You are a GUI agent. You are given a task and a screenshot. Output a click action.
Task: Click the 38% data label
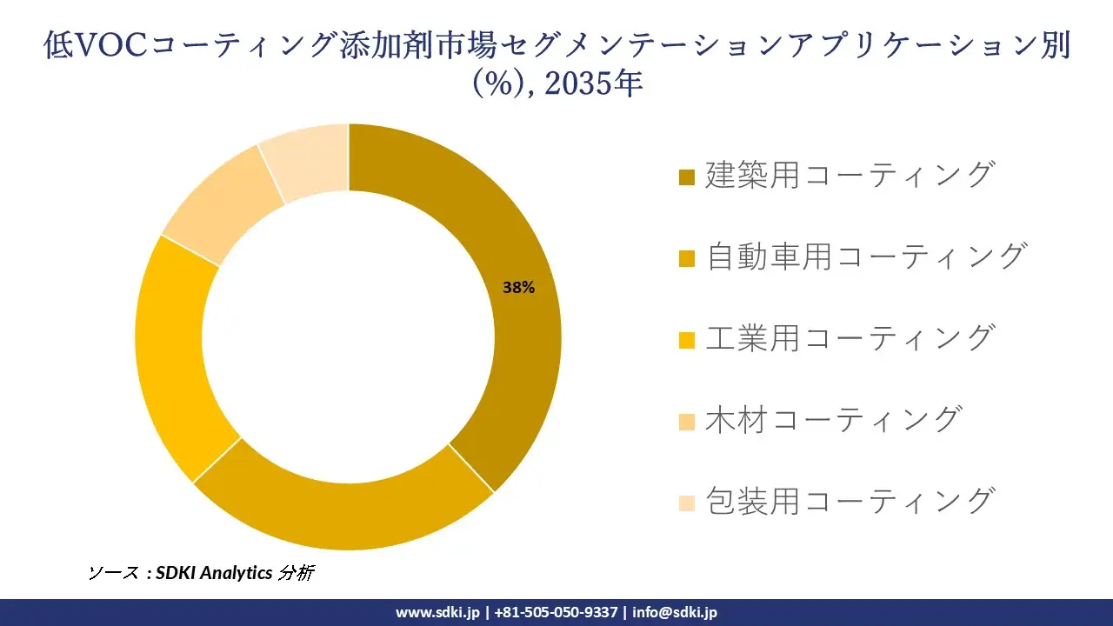518,288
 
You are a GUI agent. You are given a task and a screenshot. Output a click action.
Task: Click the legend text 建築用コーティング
849,175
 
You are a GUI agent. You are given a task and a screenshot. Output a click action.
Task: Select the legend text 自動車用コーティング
866,256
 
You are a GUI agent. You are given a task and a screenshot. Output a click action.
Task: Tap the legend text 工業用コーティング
849,337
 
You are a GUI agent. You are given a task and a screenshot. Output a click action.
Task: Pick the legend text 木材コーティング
833,419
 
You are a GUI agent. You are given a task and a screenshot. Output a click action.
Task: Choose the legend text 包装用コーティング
849,501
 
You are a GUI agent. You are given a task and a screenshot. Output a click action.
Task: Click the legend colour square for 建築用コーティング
686,177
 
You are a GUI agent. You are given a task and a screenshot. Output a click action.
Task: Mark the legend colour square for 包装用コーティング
686,503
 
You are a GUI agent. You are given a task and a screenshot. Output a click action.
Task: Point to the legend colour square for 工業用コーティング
686,340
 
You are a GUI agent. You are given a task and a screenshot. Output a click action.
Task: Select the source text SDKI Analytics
214,573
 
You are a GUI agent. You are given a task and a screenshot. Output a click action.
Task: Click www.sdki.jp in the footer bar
437,612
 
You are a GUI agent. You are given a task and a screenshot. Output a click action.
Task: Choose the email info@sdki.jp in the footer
675,612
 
